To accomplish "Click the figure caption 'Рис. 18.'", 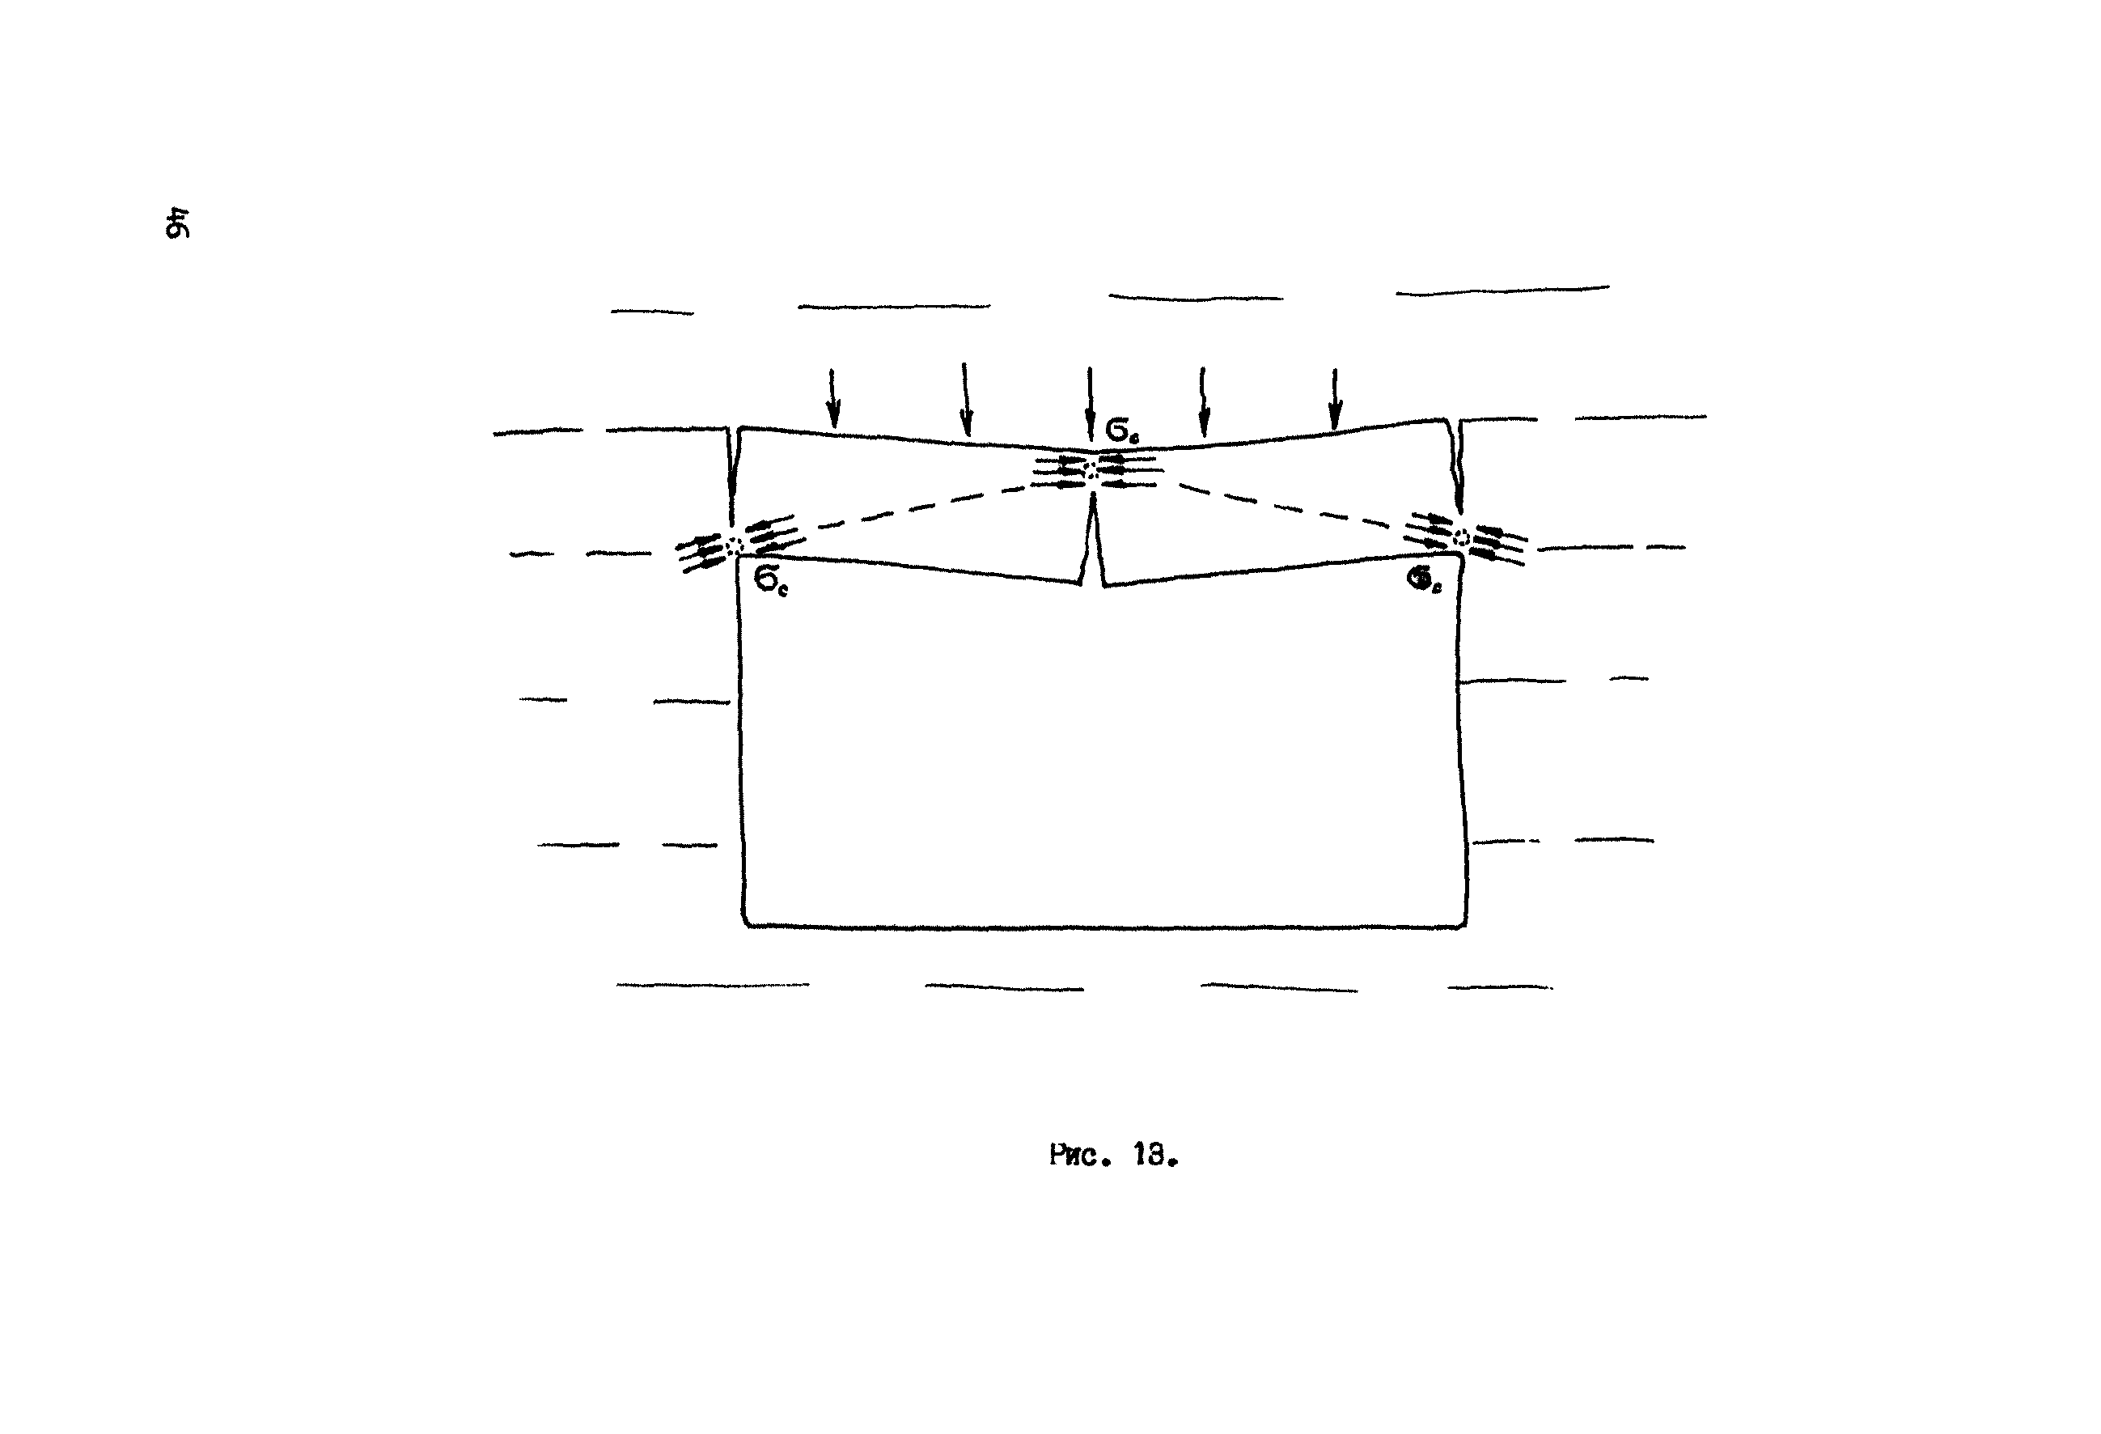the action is point(1114,1156).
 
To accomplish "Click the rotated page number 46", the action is point(177,223).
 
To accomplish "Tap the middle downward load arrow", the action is point(1090,402).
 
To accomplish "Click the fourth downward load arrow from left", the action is point(1202,402).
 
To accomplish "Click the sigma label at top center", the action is point(1122,431).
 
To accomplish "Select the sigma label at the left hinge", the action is point(770,583).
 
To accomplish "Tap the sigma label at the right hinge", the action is point(1424,583).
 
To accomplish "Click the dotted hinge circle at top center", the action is point(1091,470).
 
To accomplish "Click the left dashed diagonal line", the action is point(913,507).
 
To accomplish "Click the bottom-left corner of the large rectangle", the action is point(745,924).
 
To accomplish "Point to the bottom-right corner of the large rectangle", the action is point(1464,924).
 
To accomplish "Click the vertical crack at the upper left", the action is point(732,479).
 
